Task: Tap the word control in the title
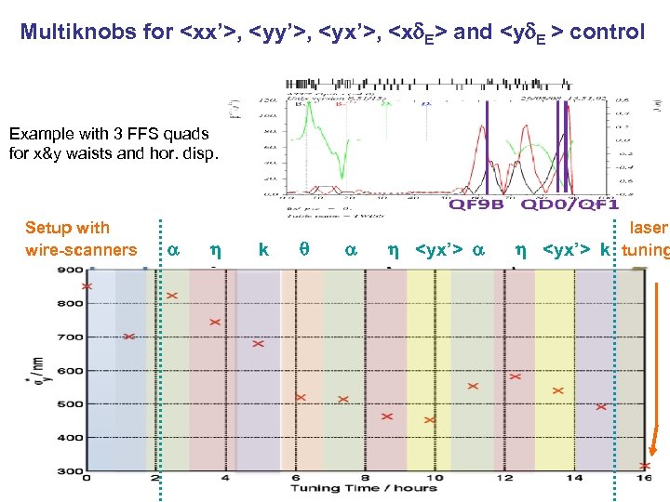tap(607, 33)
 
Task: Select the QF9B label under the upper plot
tap(476, 204)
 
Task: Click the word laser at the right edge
tap(649, 228)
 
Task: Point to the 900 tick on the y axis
tap(71, 271)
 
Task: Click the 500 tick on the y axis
tap(71, 404)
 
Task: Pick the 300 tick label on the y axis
tap(71, 471)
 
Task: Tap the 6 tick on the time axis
tap(295, 480)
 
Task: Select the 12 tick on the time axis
tap(503, 480)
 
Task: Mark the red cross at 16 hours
tap(645, 466)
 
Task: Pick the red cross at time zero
tap(87, 286)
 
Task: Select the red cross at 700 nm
tap(129, 337)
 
